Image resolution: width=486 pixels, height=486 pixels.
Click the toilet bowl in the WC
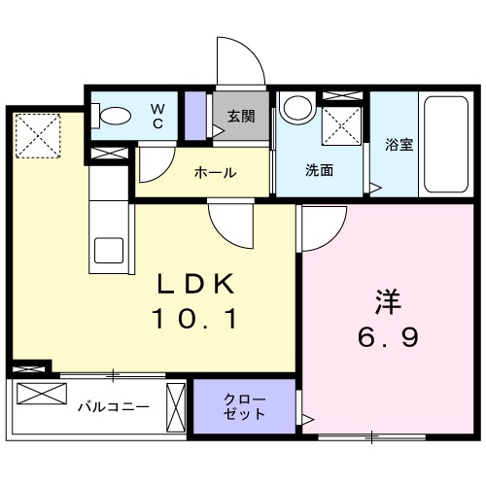(115, 115)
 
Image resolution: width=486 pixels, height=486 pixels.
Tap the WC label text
(157, 115)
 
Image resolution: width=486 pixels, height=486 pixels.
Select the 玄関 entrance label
(241, 116)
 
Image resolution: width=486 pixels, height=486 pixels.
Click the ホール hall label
(215, 173)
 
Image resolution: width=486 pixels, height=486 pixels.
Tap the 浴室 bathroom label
(399, 146)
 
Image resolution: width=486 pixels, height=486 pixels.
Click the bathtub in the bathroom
(446, 143)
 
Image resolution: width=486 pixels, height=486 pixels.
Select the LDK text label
(197, 285)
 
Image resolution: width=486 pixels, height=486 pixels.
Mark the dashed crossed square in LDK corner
(37, 134)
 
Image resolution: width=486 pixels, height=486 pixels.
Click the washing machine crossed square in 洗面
(341, 123)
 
